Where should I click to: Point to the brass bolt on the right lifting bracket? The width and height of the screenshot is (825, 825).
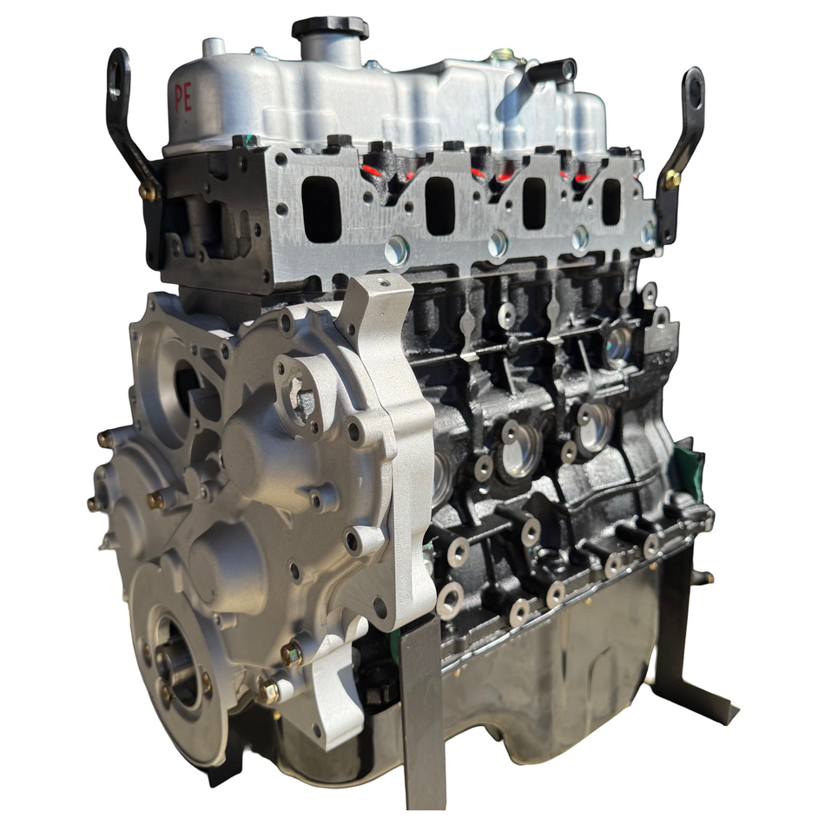[672, 180]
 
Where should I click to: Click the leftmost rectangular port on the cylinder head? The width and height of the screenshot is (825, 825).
[320, 208]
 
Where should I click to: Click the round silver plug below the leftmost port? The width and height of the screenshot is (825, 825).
[397, 250]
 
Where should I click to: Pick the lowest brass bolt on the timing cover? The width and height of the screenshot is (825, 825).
[268, 692]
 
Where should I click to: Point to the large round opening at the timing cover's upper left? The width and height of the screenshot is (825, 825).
[187, 382]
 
